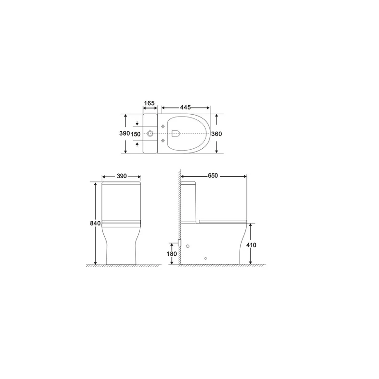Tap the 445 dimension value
point(185,108)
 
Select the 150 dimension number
point(135,134)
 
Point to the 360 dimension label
point(217,134)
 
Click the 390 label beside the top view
point(125,134)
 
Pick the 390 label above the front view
point(122,176)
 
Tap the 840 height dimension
point(96,223)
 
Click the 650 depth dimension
point(213,176)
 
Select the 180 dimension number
point(172,254)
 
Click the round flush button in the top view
point(150,134)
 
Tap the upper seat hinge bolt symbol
point(164,127)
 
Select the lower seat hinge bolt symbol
point(164,141)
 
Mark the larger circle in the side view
point(189,246)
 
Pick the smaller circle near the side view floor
point(205,259)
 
